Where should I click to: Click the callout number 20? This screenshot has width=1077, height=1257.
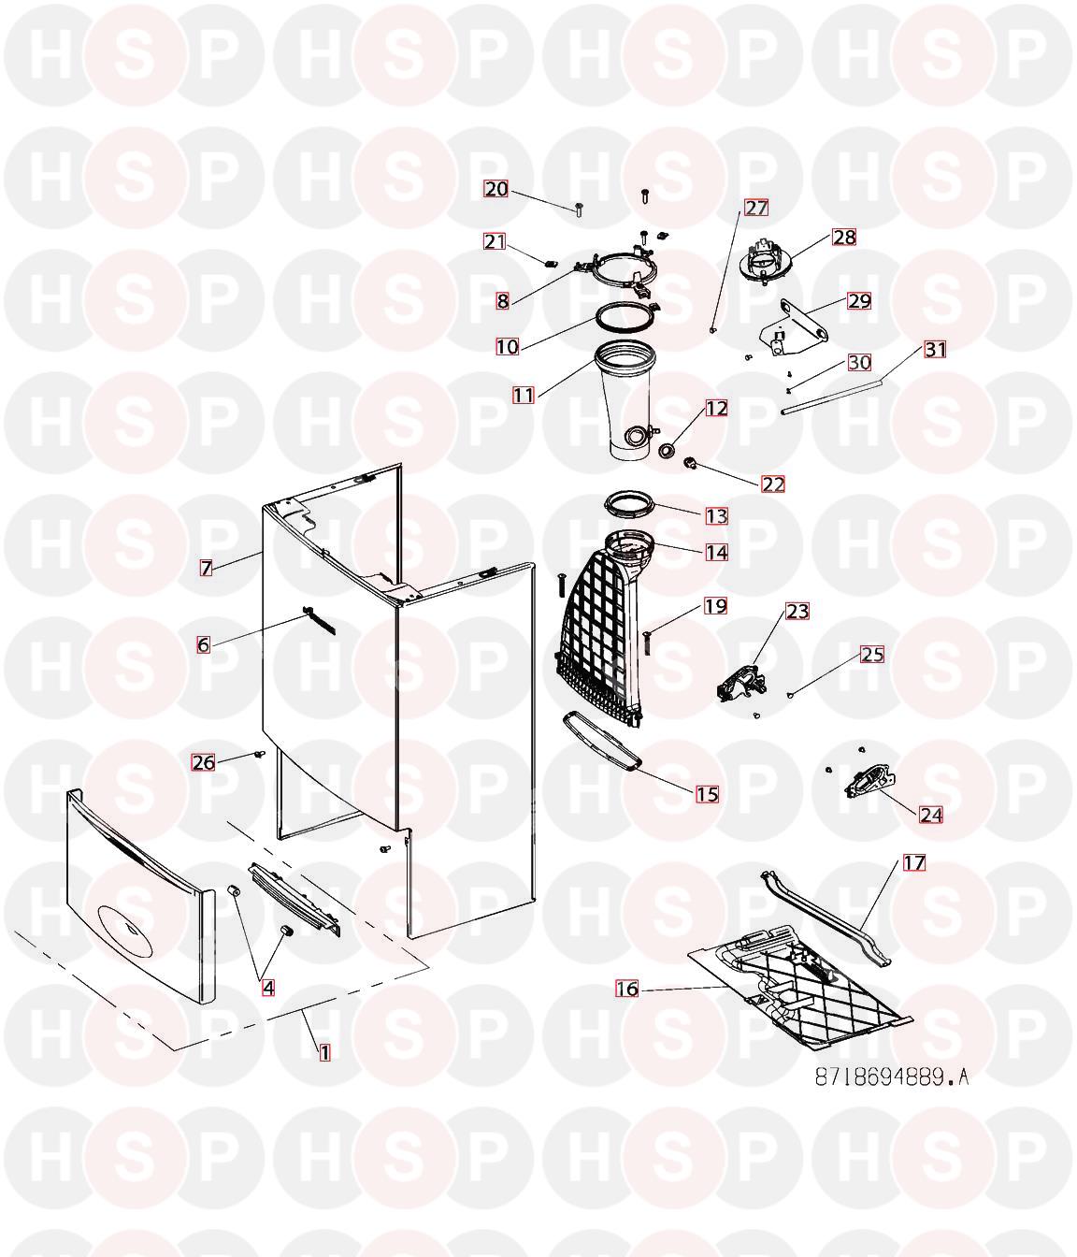(495, 189)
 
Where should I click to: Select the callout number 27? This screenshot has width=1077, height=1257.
(756, 208)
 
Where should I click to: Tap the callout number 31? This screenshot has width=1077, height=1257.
(936, 350)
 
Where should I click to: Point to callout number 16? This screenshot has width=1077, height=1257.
(627, 989)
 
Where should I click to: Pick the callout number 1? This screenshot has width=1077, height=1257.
(325, 1053)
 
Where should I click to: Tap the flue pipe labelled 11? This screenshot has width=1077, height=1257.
(625, 401)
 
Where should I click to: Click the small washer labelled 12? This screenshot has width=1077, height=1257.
(668, 451)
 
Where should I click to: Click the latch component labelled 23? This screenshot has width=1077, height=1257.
(742, 684)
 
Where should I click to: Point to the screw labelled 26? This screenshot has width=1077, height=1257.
(261, 754)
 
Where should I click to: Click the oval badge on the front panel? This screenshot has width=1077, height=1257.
(129, 928)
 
